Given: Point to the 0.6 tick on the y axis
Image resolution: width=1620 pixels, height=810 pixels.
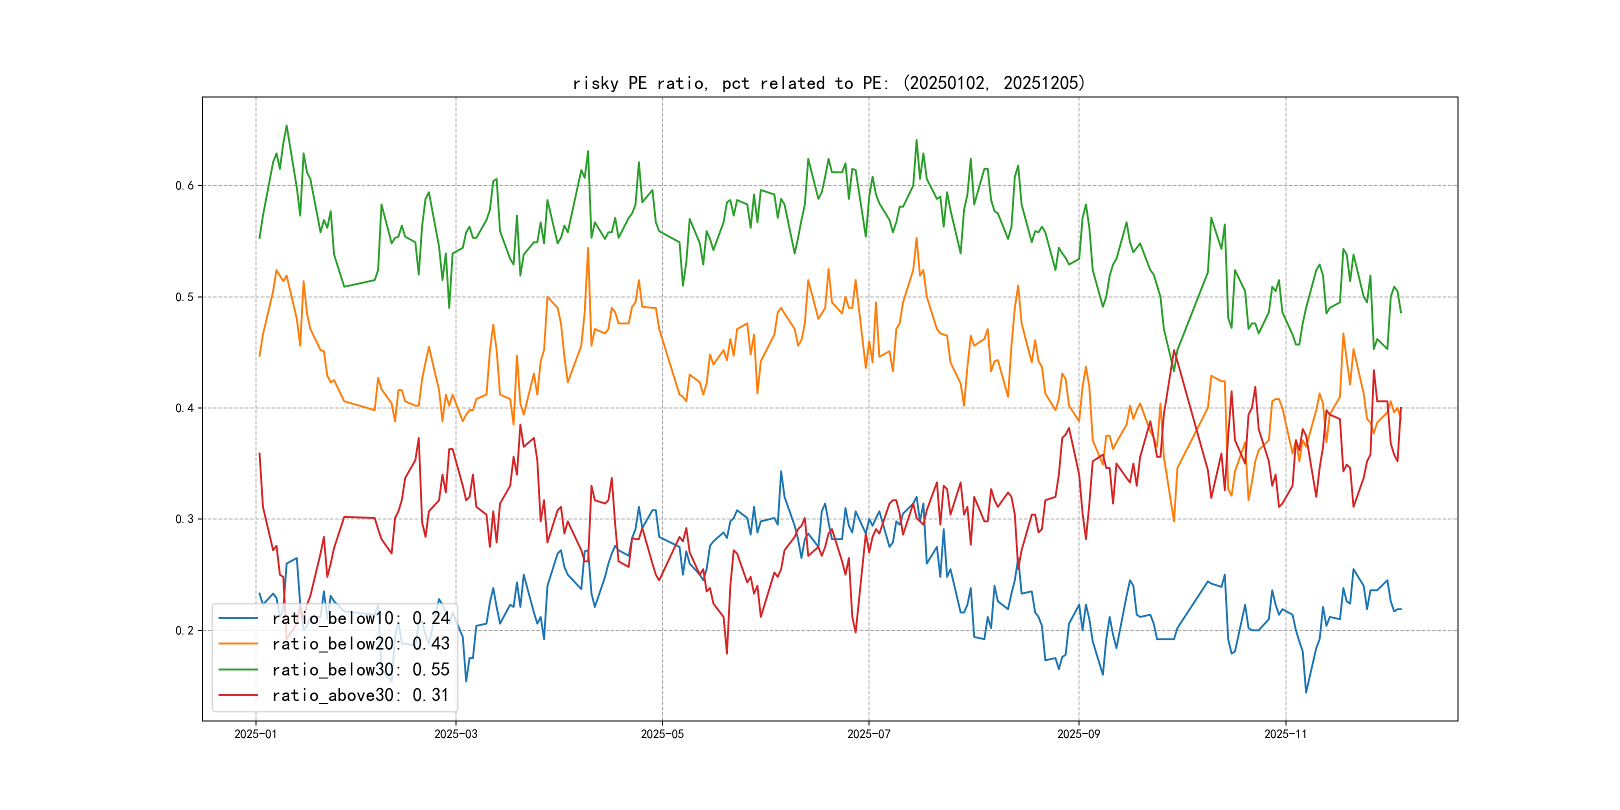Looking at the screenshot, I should click(184, 185).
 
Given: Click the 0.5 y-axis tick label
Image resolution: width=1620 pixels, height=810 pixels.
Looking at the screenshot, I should click(184, 297).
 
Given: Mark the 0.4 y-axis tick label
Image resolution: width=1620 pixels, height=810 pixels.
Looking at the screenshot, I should click(184, 408).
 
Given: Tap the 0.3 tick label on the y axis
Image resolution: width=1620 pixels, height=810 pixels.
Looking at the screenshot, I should click(184, 519).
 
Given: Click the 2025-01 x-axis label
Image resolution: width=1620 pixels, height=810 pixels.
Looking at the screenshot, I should click(255, 734).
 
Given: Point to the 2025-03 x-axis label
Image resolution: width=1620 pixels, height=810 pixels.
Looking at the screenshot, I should click(456, 734).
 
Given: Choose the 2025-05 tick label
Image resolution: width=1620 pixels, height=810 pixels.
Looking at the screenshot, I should click(662, 734).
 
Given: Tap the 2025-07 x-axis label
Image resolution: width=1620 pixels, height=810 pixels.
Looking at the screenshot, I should click(868, 734).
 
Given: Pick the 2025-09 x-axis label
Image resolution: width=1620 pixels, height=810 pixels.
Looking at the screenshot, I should click(1078, 734).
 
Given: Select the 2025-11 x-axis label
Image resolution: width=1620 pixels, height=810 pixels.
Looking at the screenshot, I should click(1285, 734).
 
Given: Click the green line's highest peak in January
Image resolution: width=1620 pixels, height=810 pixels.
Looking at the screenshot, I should click(287, 126).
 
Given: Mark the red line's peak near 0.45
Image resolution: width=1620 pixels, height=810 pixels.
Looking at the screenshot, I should click(1174, 350).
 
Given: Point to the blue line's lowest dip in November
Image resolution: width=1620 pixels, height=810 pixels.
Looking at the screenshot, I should click(1306, 692).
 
